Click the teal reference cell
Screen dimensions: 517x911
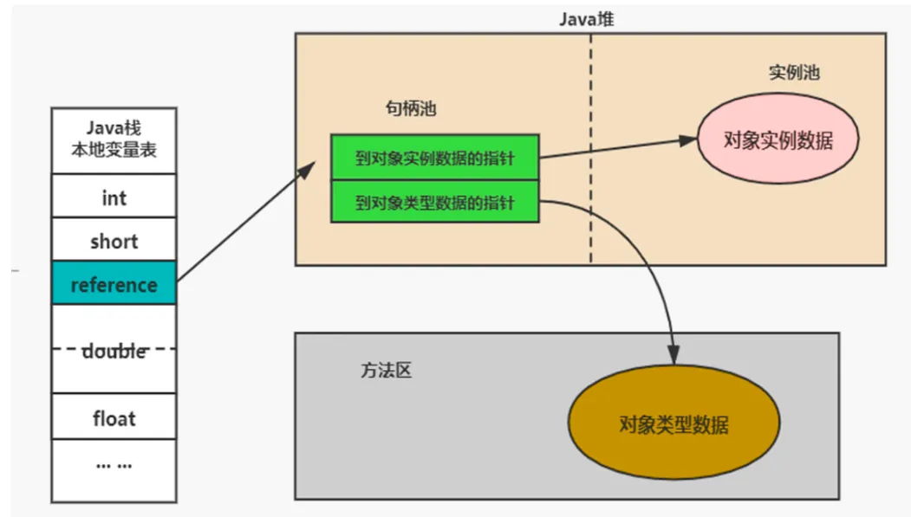tap(114, 283)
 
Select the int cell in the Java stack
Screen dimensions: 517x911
tap(114, 197)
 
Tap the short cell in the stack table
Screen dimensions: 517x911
tap(114, 241)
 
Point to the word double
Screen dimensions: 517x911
tap(114, 352)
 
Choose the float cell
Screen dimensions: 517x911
tap(114, 418)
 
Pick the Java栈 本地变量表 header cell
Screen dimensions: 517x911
tap(114, 140)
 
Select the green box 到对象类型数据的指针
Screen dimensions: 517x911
tap(434, 203)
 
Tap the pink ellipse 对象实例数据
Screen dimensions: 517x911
tap(778, 139)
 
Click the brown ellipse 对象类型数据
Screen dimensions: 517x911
tap(673, 423)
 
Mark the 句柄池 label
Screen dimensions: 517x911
tap(410, 109)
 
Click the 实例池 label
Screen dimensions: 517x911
tap(793, 72)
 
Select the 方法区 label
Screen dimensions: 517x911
tap(385, 370)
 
